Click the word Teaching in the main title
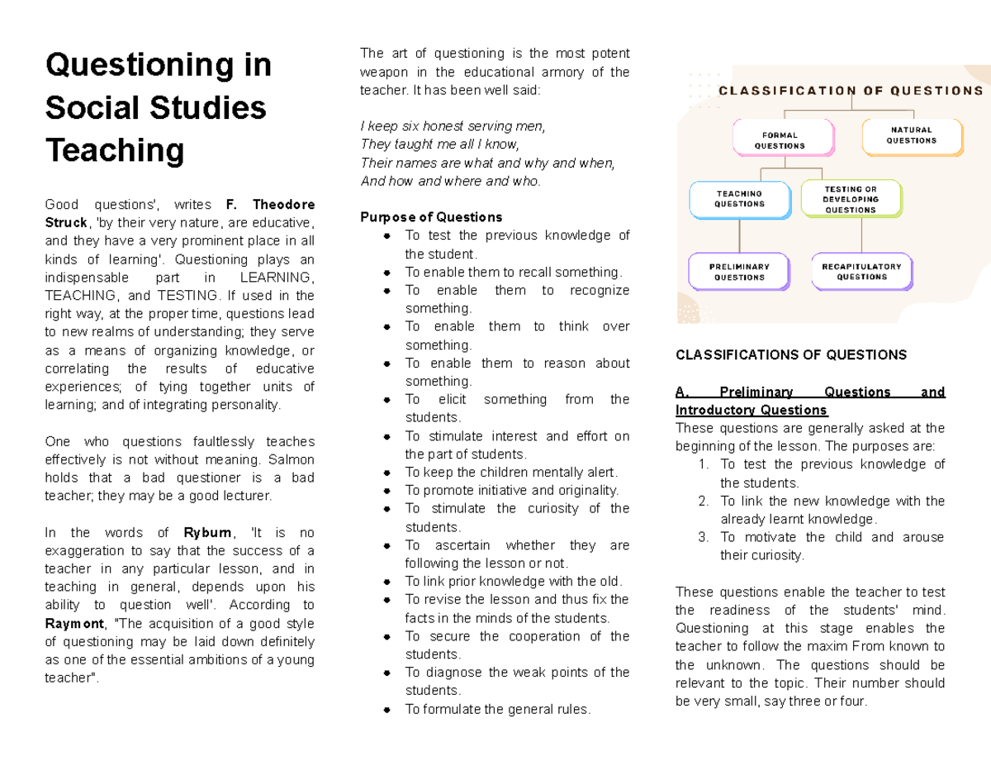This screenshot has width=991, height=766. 114,151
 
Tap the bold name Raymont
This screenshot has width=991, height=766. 75,624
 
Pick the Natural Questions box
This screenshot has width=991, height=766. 911,136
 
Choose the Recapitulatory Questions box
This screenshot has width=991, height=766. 861,272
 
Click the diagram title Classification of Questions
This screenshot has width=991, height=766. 850,91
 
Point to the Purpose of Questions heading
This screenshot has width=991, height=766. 431,217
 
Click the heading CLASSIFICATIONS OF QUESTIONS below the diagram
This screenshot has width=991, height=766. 790,355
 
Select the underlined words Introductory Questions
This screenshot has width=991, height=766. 752,411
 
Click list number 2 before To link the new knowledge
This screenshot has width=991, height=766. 703,502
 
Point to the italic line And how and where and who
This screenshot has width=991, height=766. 450,181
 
